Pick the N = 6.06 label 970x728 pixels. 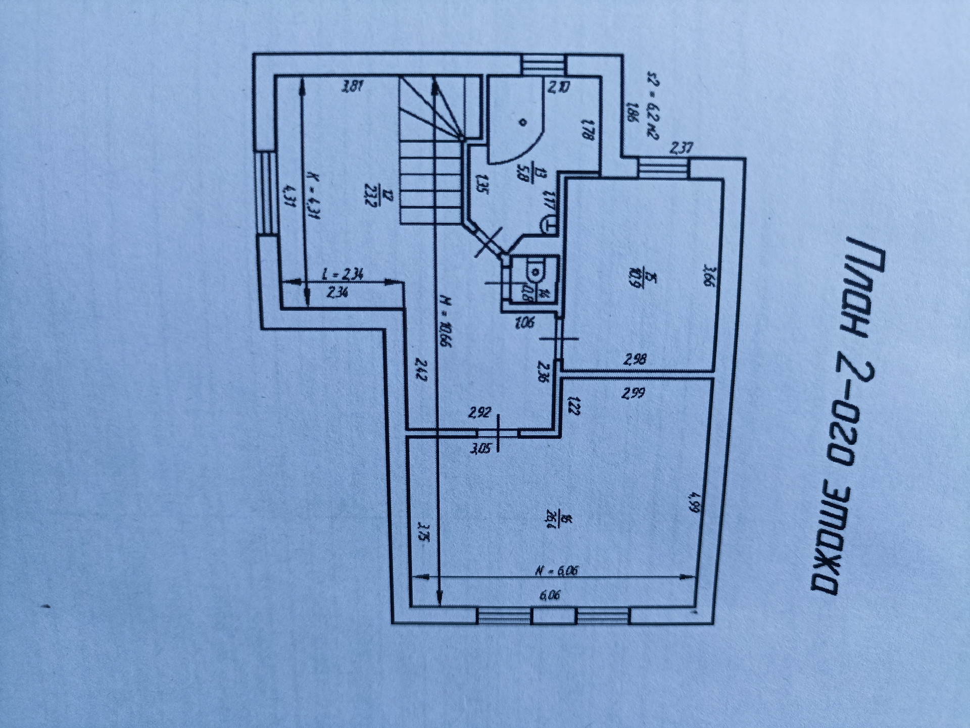point(556,571)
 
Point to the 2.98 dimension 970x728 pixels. point(635,360)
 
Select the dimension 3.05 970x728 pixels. point(480,447)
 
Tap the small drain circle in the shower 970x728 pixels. point(523,122)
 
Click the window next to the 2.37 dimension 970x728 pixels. point(663,168)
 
